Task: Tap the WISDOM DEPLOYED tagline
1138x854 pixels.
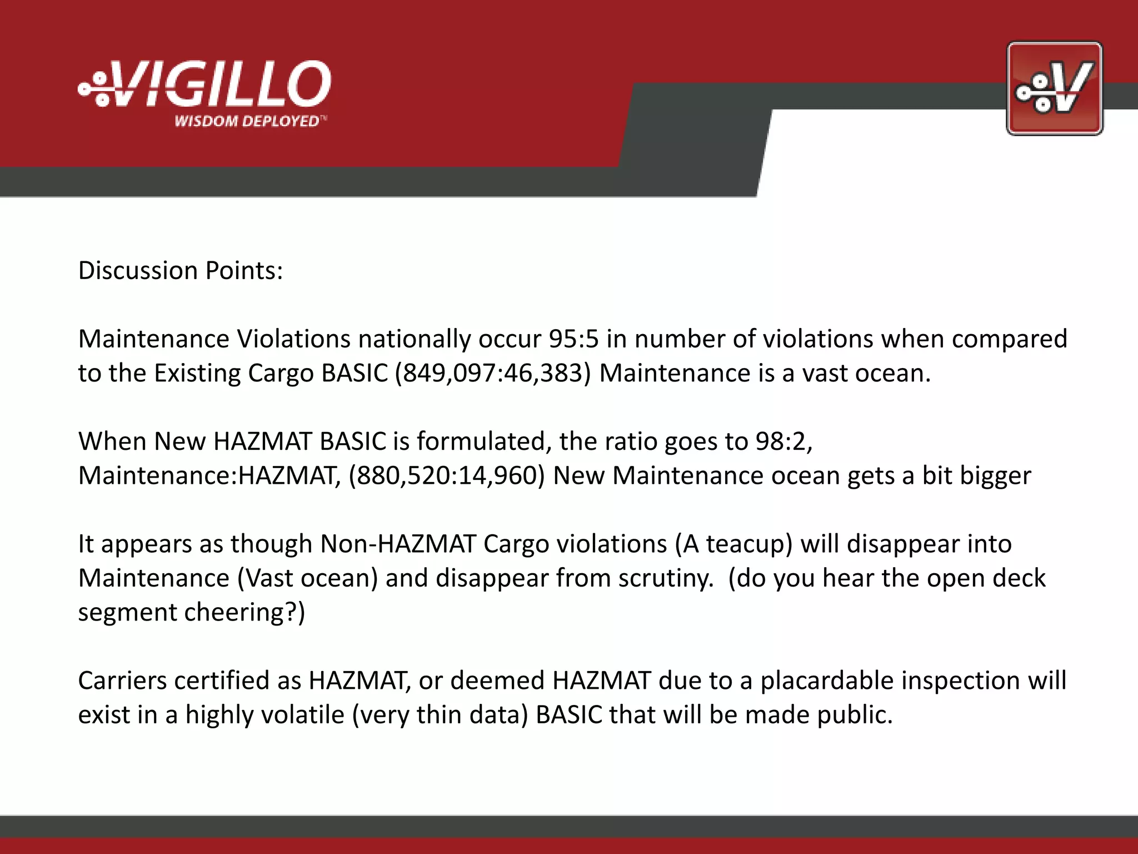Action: point(248,121)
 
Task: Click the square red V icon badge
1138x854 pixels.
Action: point(1054,88)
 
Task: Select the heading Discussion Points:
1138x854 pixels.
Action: point(181,271)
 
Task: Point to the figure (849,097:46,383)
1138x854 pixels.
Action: point(493,373)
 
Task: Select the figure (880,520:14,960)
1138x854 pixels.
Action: point(447,476)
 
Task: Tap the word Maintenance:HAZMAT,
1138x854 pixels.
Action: point(209,476)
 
